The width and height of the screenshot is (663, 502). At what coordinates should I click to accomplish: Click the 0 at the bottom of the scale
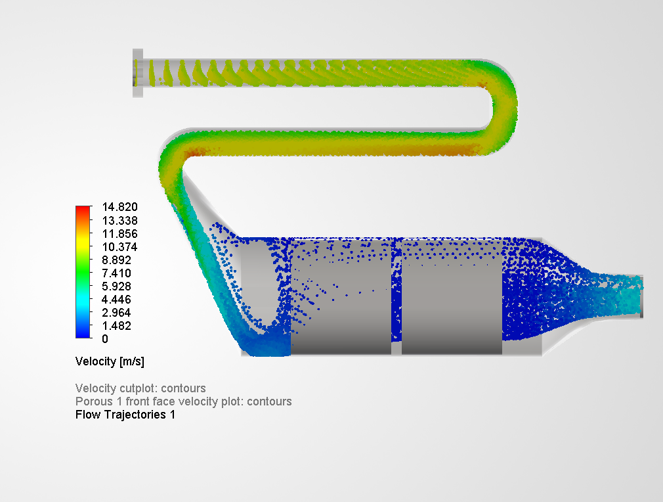104,339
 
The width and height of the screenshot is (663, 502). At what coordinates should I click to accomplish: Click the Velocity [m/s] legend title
110,361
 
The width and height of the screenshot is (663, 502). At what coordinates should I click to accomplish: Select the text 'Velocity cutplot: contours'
140,388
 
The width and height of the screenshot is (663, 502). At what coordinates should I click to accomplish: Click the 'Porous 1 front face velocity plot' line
183,401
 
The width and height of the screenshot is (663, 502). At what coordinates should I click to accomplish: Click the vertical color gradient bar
83,272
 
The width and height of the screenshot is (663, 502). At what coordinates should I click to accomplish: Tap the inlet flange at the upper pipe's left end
138,73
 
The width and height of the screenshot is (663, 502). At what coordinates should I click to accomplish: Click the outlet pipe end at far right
640,296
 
